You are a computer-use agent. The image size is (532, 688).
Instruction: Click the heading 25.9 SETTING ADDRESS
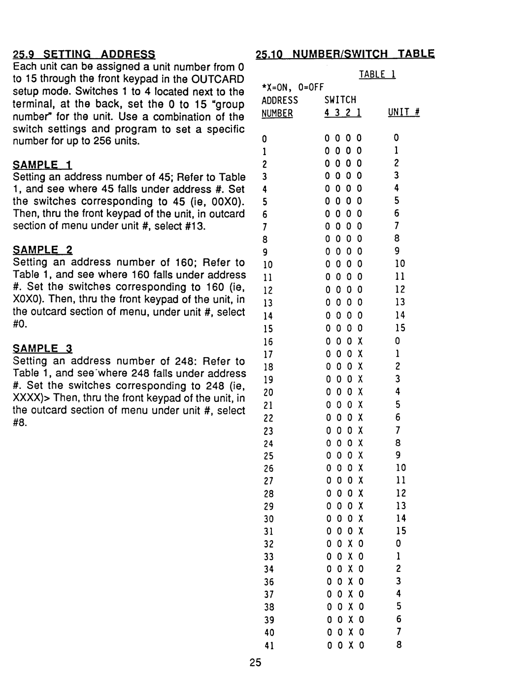pos(84,54)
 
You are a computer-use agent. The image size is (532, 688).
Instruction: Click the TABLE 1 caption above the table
pos(377,74)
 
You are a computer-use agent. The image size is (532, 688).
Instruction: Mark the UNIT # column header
pos(403,113)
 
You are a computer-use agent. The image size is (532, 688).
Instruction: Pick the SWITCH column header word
pos(340,100)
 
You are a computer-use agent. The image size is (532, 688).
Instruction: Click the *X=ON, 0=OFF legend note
pos(292,87)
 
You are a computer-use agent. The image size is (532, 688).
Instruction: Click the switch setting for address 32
pos(344,544)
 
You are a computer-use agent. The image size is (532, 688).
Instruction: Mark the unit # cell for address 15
pos(400,328)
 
